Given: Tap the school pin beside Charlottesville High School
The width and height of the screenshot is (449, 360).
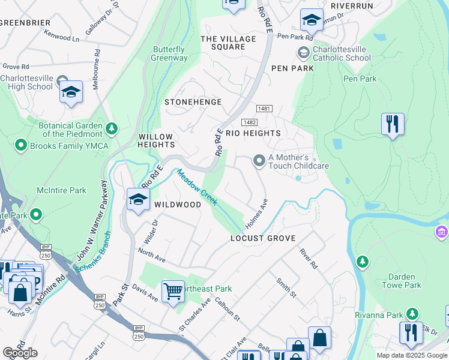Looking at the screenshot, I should point(71,92).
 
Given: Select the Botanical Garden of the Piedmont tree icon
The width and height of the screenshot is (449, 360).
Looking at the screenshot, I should point(111,128).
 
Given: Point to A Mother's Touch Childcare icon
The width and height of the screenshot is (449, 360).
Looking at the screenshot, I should point(259,160).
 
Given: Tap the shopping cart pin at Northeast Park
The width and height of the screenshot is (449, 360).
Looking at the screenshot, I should point(173,292).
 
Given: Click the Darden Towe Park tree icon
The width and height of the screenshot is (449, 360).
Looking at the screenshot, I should point(362,262).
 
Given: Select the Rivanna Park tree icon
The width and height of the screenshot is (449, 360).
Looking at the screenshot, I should point(412,314).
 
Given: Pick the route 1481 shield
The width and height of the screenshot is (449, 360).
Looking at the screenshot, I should point(264,109).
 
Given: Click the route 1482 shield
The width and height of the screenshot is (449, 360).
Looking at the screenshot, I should point(258,122).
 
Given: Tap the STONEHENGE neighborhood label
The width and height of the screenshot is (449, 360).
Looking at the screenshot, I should point(193,102).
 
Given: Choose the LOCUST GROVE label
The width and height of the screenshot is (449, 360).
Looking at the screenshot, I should point(264,238).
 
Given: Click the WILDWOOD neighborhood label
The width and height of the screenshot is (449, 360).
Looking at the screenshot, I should point(178,205).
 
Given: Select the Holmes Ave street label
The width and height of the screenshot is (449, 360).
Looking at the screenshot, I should point(256,214).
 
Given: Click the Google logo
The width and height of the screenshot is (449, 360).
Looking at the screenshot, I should point(20,353).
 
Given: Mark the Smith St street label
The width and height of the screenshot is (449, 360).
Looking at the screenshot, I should point(286,287).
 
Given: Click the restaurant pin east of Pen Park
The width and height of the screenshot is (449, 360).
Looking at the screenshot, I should point(393,124).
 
